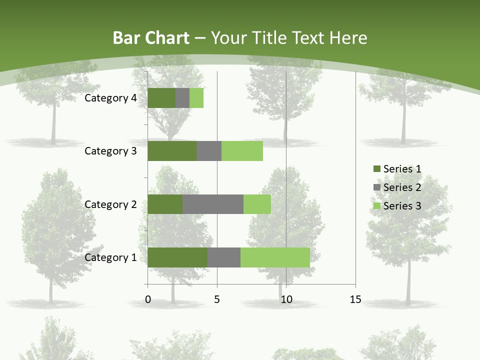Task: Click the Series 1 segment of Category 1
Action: pos(177,257)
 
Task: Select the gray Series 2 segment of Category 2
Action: pos(213,204)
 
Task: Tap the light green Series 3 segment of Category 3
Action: pos(242,151)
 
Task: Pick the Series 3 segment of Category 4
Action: pos(196,98)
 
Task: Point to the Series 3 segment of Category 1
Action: pos(275,257)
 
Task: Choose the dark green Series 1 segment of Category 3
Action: pos(172,151)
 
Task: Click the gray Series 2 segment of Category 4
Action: pos(182,98)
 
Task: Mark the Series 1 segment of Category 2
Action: pos(165,204)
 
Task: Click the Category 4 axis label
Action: pos(110,98)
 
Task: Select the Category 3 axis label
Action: pos(110,151)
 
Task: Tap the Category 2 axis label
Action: pos(110,204)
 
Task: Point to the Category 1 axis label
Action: pos(110,257)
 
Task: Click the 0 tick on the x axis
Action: pos(148,299)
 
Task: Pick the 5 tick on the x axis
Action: pos(217,299)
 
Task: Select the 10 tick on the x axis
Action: pos(286,299)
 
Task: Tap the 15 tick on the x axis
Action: pos(355,299)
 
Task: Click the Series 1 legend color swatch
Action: pos(376,169)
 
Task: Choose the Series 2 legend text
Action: pos(402,187)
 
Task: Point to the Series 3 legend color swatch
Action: pos(376,206)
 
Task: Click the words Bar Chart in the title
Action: pos(151,38)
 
